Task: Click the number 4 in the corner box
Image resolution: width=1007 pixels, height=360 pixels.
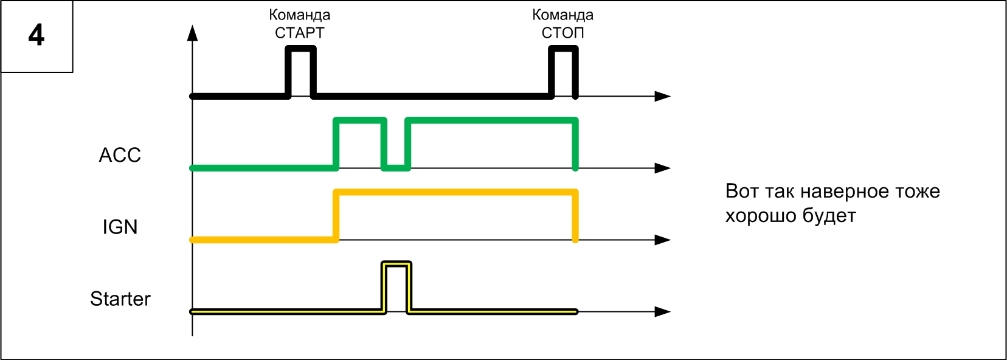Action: pyautogui.click(x=36, y=35)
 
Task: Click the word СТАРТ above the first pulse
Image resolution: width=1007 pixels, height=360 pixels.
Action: pyautogui.click(x=300, y=33)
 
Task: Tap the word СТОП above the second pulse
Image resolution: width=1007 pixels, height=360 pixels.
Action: pyautogui.click(x=562, y=33)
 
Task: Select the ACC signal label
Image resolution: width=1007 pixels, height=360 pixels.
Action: pyautogui.click(x=120, y=155)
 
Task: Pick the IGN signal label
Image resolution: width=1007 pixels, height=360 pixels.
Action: pyautogui.click(x=120, y=227)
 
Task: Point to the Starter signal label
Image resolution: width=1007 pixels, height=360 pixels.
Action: pyautogui.click(x=120, y=299)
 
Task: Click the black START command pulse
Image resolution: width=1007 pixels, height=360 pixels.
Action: pyautogui.click(x=301, y=50)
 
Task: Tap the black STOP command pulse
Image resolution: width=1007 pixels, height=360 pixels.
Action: pyautogui.click(x=563, y=50)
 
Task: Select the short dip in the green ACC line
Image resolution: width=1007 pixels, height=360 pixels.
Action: pyautogui.click(x=396, y=167)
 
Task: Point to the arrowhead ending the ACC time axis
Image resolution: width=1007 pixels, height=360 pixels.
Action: pyautogui.click(x=662, y=168)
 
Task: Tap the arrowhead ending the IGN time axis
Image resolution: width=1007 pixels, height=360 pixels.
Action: pyautogui.click(x=662, y=240)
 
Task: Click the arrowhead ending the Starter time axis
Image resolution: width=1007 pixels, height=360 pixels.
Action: pyautogui.click(x=662, y=311)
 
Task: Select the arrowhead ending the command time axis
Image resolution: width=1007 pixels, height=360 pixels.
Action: pyautogui.click(x=662, y=96)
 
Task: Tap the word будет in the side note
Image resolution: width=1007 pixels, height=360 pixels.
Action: pyautogui.click(x=829, y=216)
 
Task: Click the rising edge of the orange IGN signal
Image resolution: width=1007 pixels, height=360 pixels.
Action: pyautogui.click(x=336, y=216)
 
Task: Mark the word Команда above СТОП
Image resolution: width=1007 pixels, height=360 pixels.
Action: pyautogui.click(x=562, y=15)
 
